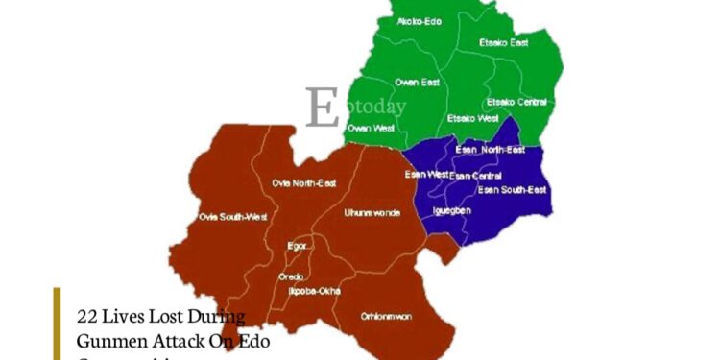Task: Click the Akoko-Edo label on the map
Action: (x=419, y=21)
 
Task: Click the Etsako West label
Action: (x=472, y=118)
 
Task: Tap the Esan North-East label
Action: (x=490, y=150)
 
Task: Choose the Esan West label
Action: (x=426, y=175)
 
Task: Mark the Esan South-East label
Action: (x=513, y=190)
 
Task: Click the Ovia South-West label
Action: (x=231, y=217)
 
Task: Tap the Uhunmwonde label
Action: (x=372, y=212)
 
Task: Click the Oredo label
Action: (x=291, y=276)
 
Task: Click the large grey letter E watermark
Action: (x=323, y=108)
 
